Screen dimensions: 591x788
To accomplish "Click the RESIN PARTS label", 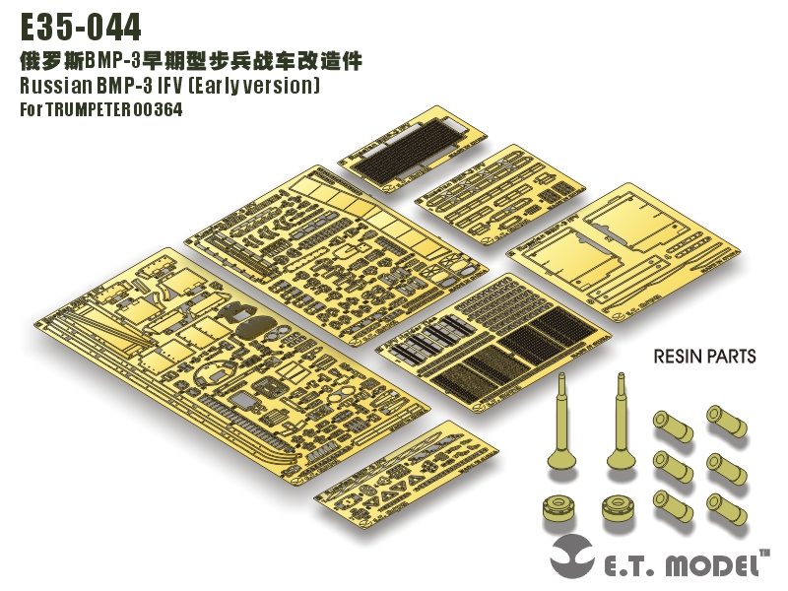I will (x=704, y=356).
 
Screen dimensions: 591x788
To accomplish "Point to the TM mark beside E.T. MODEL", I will (x=764, y=556).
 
